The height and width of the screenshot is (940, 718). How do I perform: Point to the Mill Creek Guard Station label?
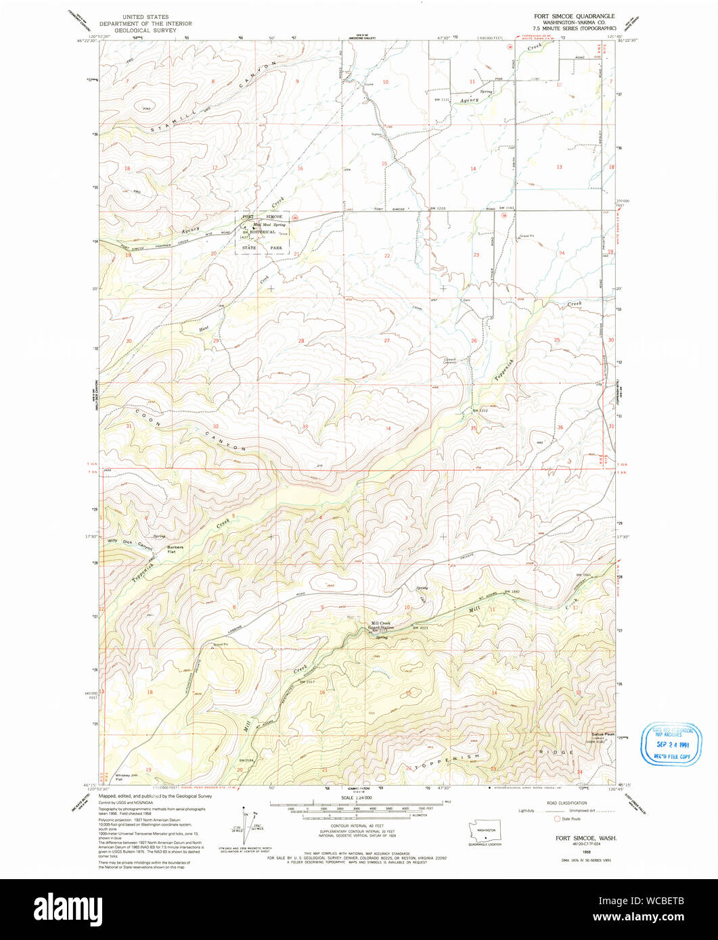click(381, 626)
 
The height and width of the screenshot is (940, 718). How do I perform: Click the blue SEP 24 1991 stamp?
click(671, 744)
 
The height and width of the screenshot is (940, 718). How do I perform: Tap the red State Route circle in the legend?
click(557, 818)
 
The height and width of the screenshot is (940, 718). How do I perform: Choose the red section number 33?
click(305, 427)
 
